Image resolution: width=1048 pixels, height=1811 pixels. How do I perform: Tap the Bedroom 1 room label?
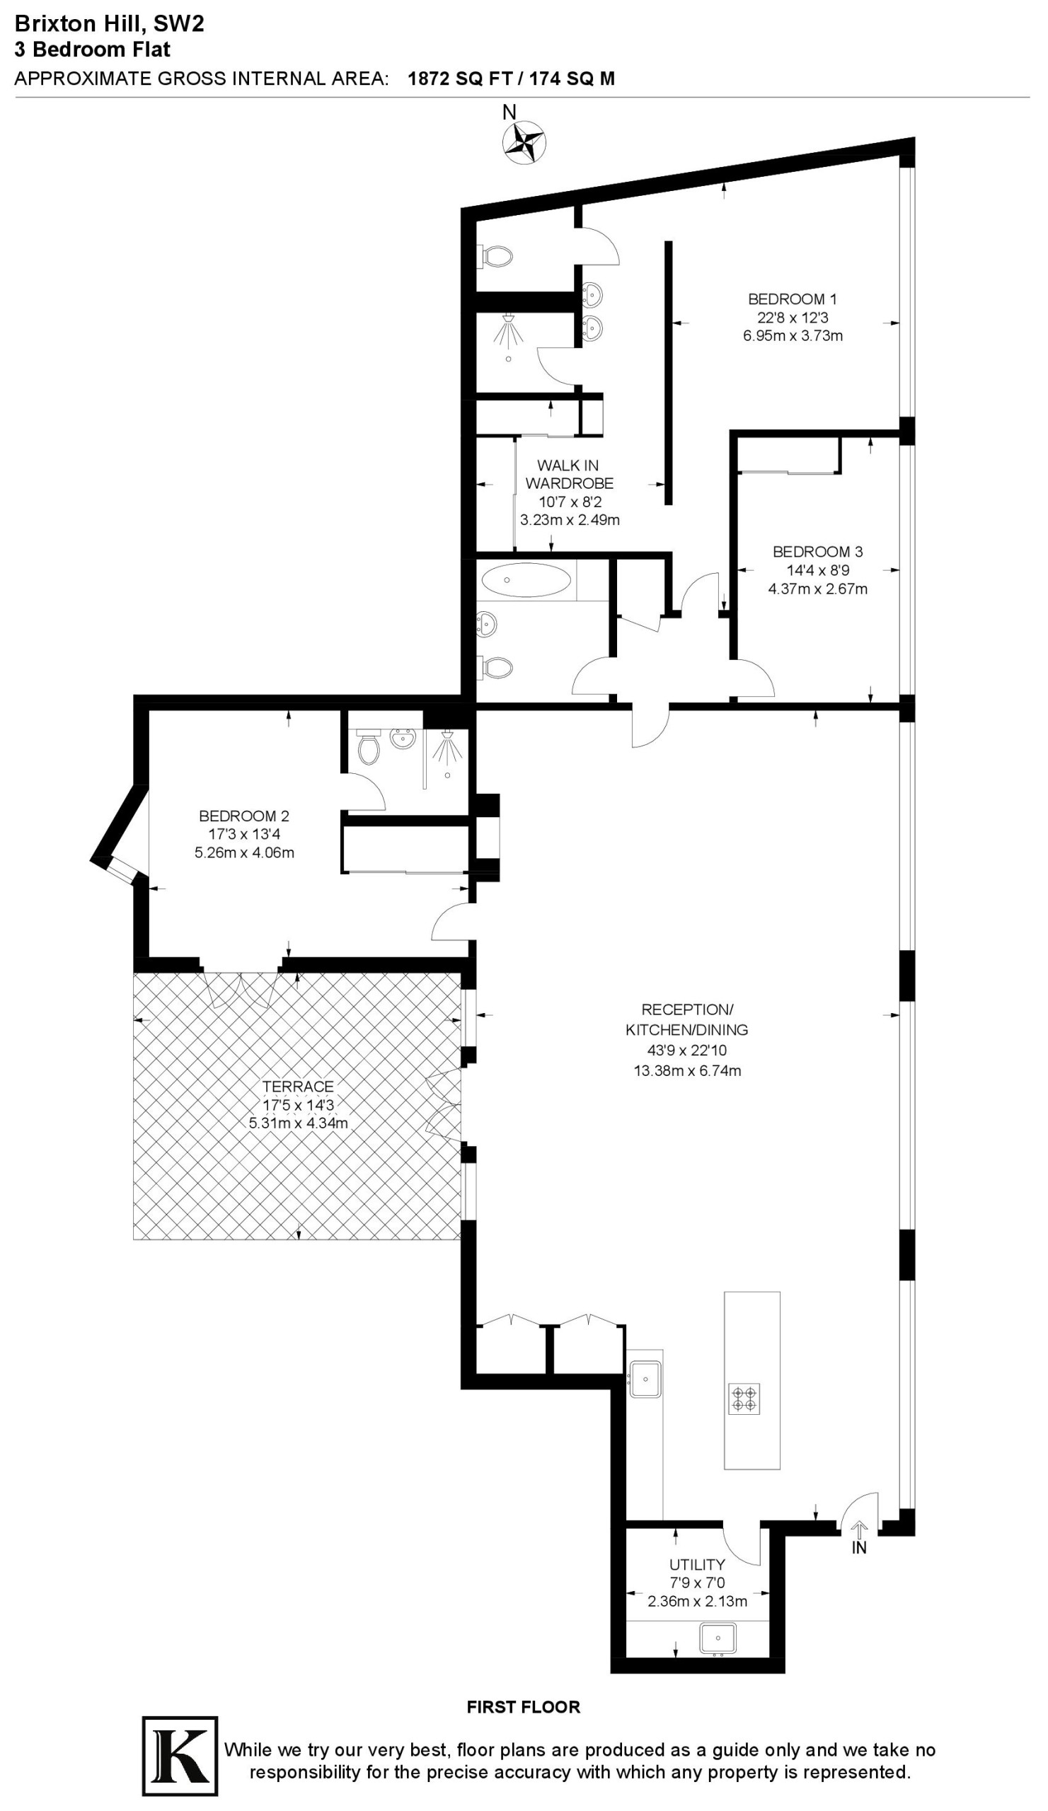click(792, 299)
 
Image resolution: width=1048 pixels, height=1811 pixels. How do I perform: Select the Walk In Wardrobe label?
click(568, 474)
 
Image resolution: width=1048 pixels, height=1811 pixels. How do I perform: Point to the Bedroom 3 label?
click(817, 552)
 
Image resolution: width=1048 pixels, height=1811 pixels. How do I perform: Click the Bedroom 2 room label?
click(243, 816)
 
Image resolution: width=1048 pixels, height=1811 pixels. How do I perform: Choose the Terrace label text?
click(299, 1086)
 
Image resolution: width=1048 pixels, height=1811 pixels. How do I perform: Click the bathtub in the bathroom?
click(526, 580)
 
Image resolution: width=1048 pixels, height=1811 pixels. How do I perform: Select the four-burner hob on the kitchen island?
click(744, 1399)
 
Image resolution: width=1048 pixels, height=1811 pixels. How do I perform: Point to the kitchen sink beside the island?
click(645, 1378)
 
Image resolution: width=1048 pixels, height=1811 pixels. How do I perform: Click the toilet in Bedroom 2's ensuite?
click(369, 748)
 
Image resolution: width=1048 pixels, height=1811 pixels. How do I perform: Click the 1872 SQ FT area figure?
click(458, 79)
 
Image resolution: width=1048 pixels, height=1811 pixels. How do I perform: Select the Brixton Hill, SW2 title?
click(109, 24)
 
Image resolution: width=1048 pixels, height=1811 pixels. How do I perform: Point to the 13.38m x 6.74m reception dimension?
click(686, 1070)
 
